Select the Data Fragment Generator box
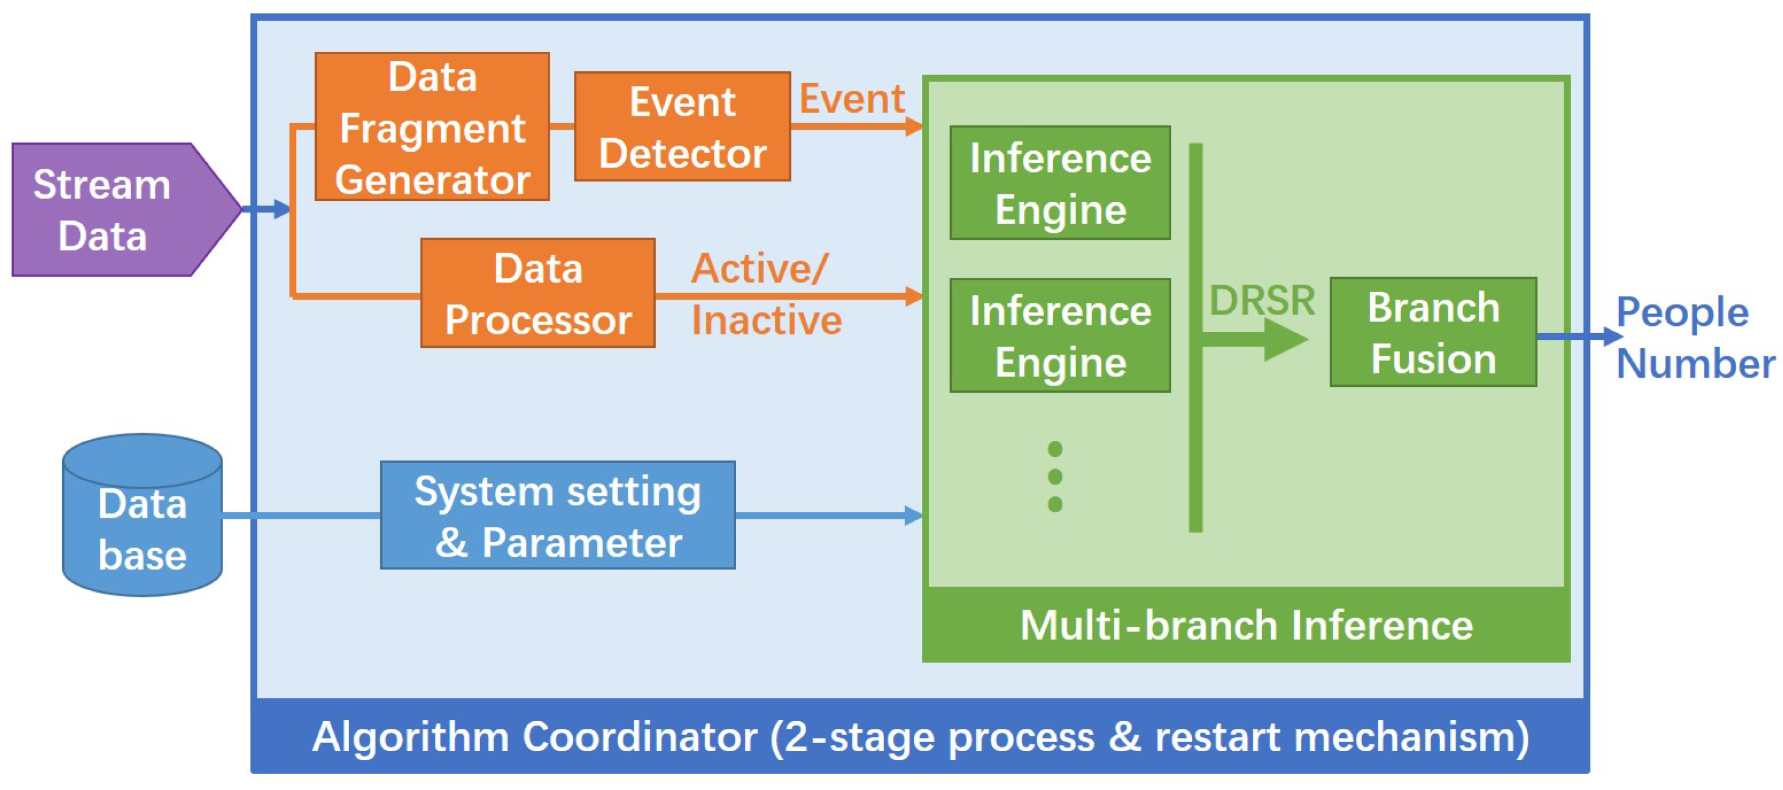point(432,127)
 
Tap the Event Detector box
point(682,127)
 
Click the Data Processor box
point(538,294)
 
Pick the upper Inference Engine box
point(1060,183)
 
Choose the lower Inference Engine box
point(1060,336)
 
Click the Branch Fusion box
point(1433,332)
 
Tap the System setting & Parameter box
point(557,515)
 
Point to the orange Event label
point(851,98)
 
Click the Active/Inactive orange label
point(765,294)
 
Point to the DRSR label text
point(1261,300)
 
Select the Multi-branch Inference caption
point(1246,626)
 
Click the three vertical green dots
point(1055,477)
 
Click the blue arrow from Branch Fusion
point(1578,337)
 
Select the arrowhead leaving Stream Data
point(280,208)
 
